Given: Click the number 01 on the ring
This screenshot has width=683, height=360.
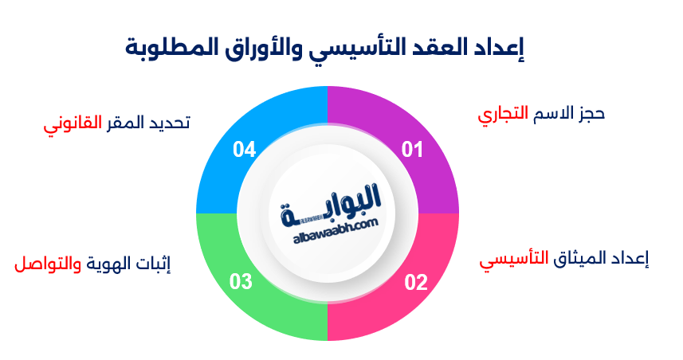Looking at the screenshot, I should coord(411,149).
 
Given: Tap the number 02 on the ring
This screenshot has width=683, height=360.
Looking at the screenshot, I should coord(415,282).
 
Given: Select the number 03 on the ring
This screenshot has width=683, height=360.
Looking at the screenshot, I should coord(241,282).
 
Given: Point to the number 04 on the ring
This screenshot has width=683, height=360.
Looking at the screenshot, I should coord(244,149).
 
